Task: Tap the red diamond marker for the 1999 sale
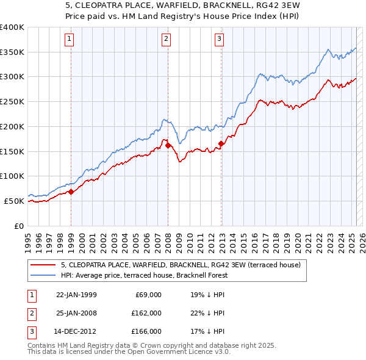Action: [x=71, y=192]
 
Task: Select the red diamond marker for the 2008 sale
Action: [x=168, y=145]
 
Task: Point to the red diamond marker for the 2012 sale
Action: [x=221, y=144]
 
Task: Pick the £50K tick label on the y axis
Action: [x=15, y=201]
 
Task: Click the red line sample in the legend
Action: [x=44, y=265]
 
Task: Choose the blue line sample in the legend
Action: [x=44, y=275]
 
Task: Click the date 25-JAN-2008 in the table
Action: [x=76, y=313]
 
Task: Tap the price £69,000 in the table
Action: [x=147, y=295]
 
